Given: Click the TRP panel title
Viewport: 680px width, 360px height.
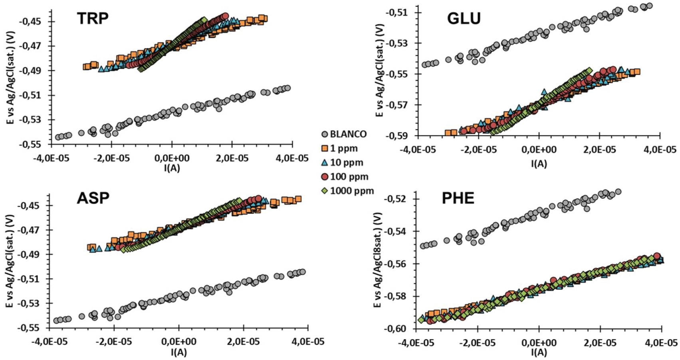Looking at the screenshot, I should coord(93,18).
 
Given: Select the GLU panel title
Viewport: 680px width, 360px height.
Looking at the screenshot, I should coord(464,18).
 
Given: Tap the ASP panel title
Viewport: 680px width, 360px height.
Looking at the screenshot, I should coord(93,198).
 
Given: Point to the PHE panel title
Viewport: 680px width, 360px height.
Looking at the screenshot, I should coord(458,198).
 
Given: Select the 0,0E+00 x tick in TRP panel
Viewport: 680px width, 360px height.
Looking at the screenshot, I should coord(172,158).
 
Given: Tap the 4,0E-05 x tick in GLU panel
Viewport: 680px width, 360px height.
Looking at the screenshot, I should coord(660,150).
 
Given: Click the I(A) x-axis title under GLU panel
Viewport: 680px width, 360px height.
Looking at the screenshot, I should coord(539,163).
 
